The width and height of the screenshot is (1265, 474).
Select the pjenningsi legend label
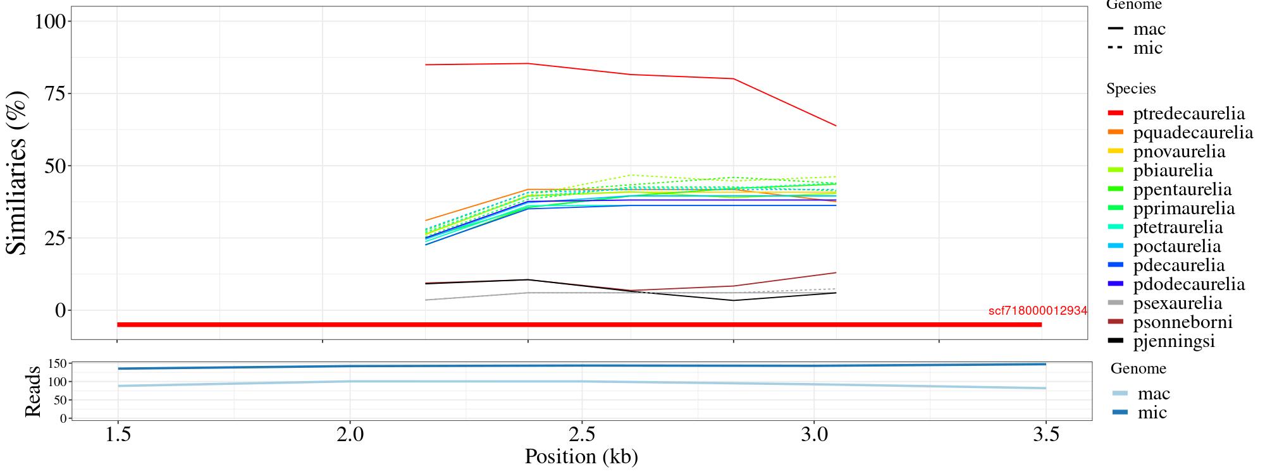tap(1174, 341)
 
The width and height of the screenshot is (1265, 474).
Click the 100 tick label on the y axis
tap(50, 21)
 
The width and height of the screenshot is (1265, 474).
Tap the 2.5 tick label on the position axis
tap(581, 435)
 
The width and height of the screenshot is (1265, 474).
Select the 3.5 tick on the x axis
tap(1046, 435)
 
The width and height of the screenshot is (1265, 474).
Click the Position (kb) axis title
tap(581, 456)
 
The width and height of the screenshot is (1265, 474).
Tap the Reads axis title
tap(32, 391)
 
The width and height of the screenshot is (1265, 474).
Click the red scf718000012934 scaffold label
tap(1037, 311)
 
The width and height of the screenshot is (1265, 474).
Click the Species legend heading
tap(1131, 89)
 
